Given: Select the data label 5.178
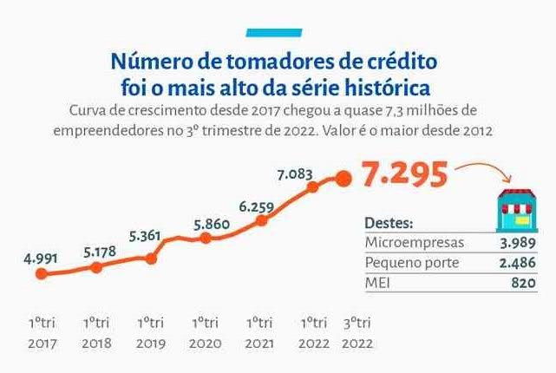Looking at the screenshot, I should [x=97, y=252].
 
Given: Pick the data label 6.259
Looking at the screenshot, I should [x=256, y=206].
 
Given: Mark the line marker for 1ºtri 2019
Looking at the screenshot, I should [x=152, y=258].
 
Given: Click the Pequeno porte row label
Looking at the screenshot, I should [x=411, y=263].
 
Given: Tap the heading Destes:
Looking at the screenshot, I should [x=389, y=223].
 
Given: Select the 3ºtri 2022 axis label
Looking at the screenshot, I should [x=360, y=331].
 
